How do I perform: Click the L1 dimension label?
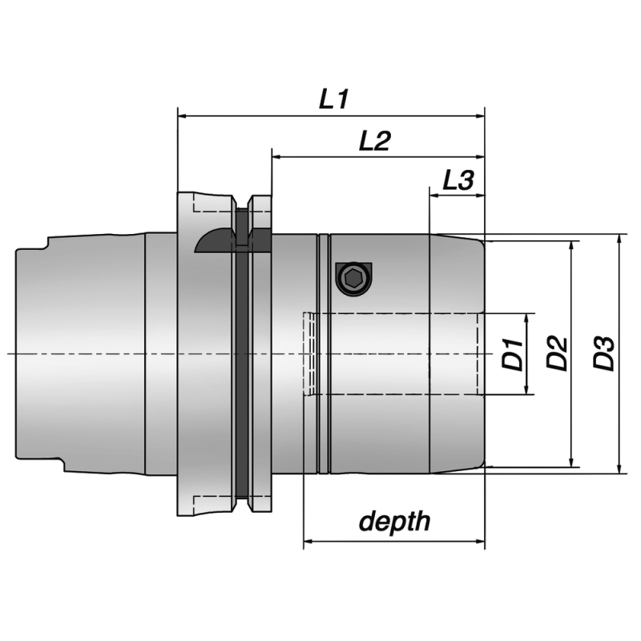[x=333, y=99]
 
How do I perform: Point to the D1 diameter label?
[x=514, y=353]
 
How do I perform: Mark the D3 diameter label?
[x=605, y=353]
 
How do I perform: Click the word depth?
[x=394, y=522]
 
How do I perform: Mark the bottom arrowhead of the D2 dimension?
[x=572, y=462]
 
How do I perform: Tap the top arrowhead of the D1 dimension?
[x=528, y=318]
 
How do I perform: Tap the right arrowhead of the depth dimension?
[x=480, y=542]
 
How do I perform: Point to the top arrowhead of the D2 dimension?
[x=572, y=247]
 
